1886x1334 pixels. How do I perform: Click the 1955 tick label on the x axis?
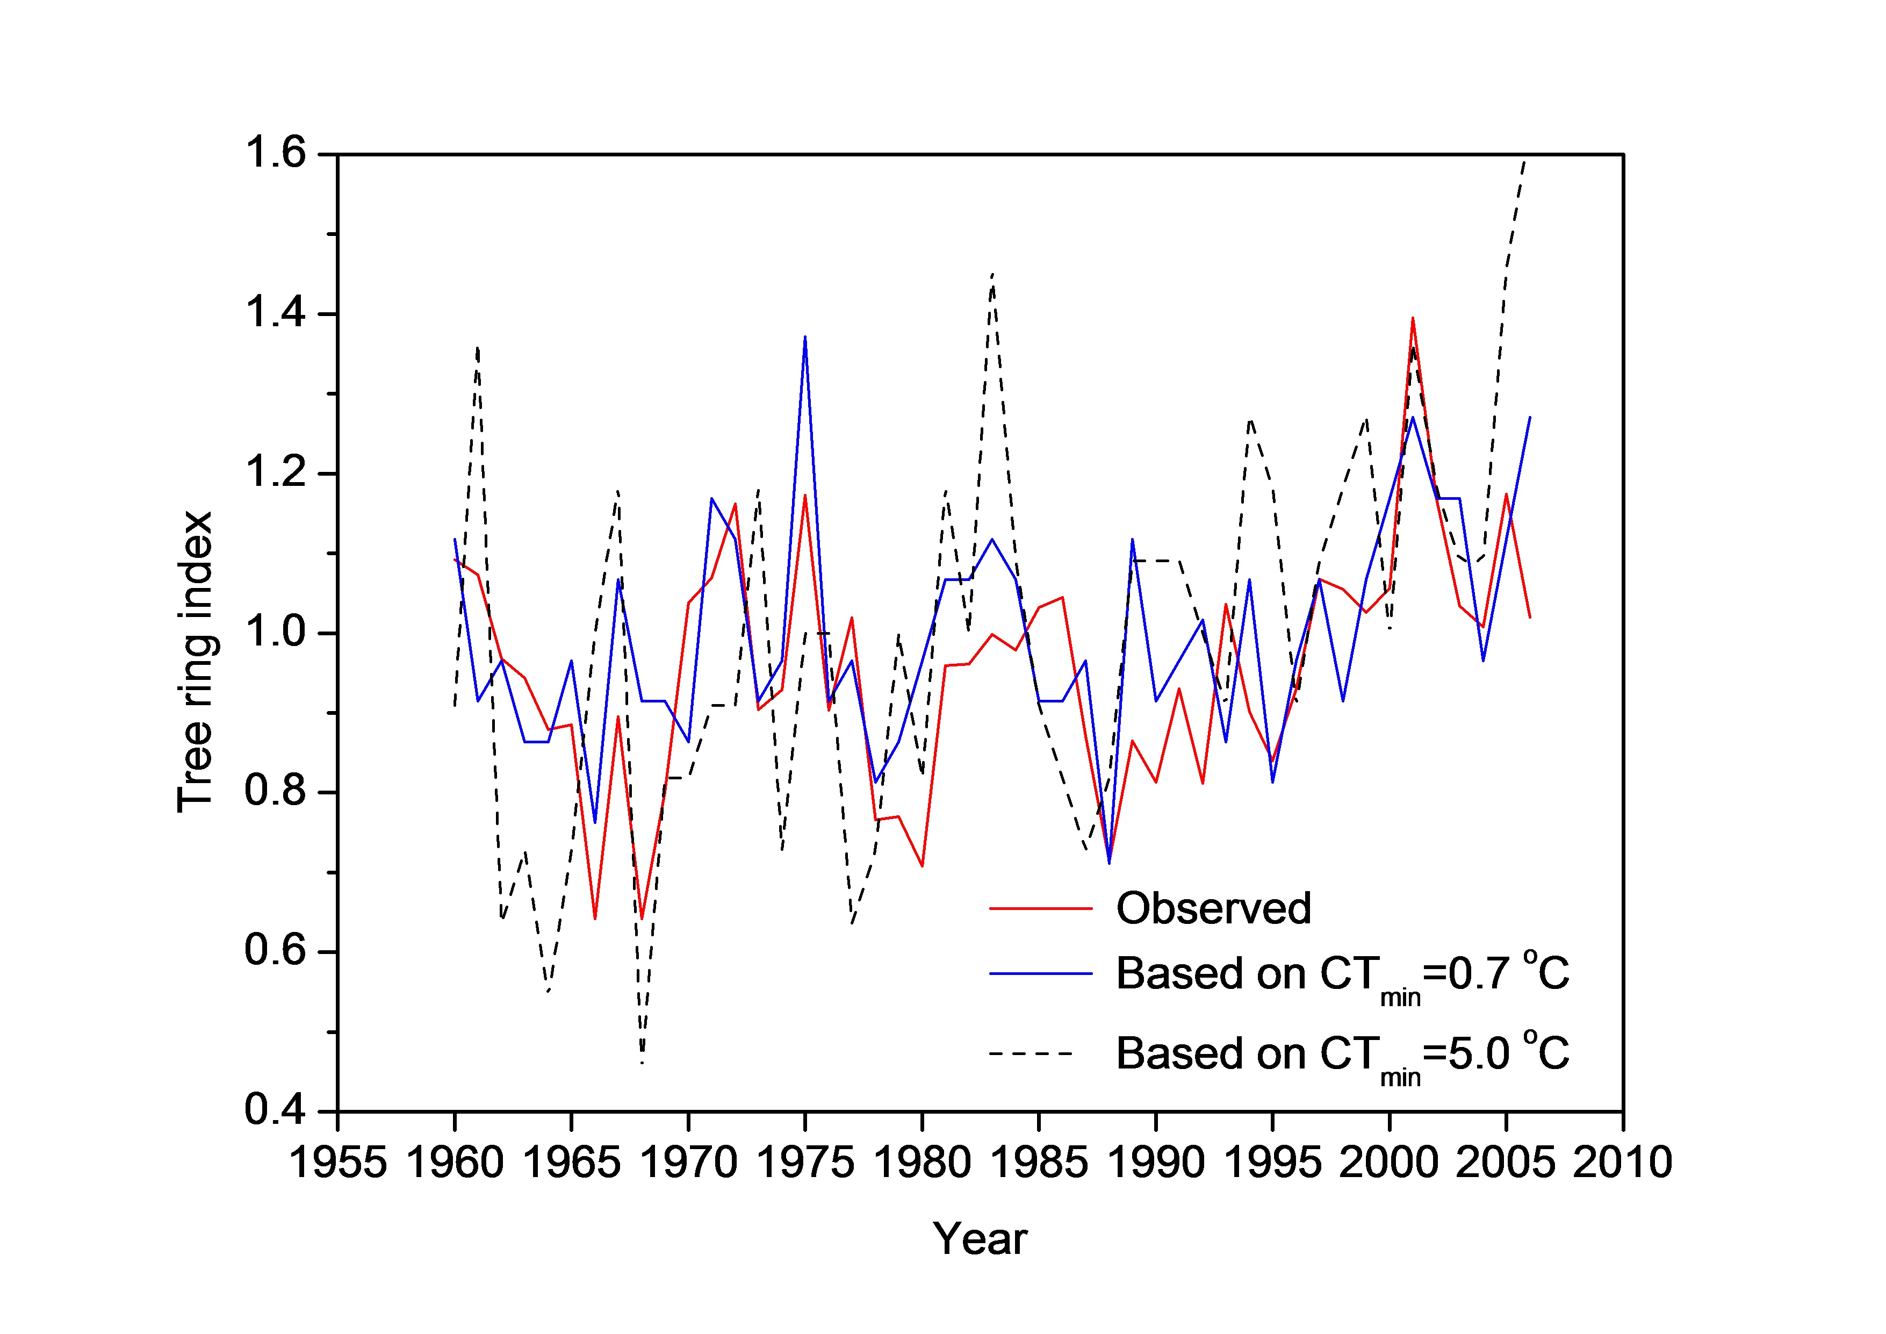[337, 1163]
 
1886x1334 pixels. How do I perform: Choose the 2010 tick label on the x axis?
[1622, 1163]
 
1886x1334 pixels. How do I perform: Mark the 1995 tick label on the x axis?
[1272, 1163]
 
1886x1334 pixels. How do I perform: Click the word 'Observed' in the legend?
[1213, 908]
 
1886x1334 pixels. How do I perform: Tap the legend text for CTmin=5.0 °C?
[1341, 1055]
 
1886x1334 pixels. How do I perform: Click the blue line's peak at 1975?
[805, 337]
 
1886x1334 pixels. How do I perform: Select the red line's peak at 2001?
[1413, 318]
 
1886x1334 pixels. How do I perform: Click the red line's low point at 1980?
[923, 866]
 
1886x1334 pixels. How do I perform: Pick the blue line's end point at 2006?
[1530, 417]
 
